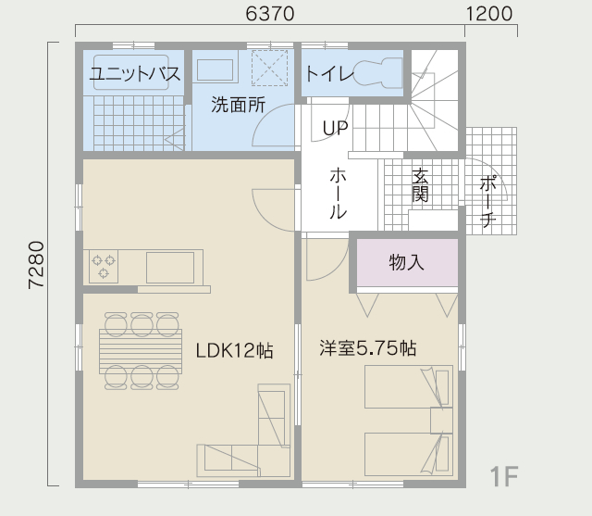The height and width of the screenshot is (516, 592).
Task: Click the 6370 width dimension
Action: [x=269, y=14]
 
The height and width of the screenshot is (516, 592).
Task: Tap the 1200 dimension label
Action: [x=489, y=14]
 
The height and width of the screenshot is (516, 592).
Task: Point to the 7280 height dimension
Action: [x=37, y=265]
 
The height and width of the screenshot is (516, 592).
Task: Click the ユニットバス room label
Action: [x=135, y=73]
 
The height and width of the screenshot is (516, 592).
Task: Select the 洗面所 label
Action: [x=238, y=105]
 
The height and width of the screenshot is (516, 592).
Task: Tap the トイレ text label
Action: [x=329, y=73]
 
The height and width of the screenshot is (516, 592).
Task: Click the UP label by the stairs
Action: [x=335, y=129]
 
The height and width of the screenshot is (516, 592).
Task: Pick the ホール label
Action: [x=339, y=194]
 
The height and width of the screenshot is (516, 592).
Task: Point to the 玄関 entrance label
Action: [x=420, y=185]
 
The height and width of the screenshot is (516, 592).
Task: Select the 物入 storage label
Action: [x=406, y=262]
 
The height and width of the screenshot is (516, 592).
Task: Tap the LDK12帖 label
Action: [x=234, y=350]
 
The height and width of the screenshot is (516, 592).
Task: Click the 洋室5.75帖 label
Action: [x=368, y=348]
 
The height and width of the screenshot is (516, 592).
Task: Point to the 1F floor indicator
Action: [x=503, y=476]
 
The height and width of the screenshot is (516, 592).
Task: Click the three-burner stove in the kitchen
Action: [x=104, y=266]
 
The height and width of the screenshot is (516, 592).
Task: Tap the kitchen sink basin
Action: [x=170, y=267]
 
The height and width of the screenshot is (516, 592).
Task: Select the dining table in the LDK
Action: [x=141, y=351]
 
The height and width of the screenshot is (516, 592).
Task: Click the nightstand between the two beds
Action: [x=442, y=421]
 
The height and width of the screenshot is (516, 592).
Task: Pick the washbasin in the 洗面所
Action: [x=216, y=69]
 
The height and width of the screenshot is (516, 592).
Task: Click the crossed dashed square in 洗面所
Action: [x=269, y=68]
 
